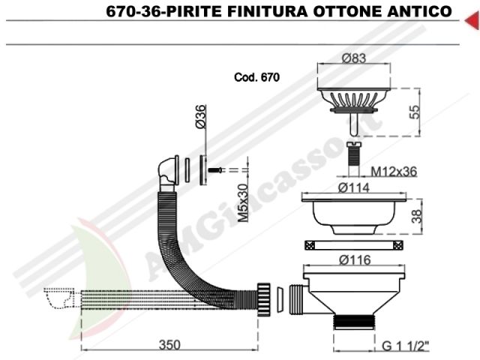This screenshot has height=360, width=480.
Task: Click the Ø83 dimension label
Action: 354,58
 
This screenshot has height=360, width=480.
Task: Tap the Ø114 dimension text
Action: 354,187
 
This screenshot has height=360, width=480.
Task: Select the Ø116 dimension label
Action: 355,260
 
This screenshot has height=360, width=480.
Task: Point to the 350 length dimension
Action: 169,345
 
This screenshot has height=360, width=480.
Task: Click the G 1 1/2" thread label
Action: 406,346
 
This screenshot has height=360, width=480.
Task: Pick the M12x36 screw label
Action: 394,172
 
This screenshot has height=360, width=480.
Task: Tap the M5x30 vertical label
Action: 243,203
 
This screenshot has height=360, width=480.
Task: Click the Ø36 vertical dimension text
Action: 201,116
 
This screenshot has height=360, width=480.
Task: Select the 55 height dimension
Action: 415,112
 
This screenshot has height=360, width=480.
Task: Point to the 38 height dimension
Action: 417,216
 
